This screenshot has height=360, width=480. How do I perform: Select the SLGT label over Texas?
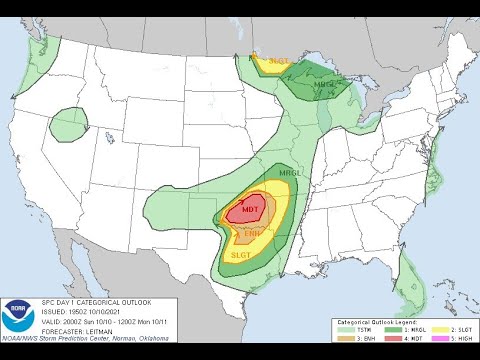[x=240, y=255]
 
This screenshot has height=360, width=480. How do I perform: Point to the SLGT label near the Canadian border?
[x=278, y=62]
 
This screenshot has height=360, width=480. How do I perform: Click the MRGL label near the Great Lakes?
[x=325, y=84]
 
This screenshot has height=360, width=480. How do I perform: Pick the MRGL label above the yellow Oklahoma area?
[x=289, y=173]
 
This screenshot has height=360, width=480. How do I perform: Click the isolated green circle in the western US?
[x=71, y=122]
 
